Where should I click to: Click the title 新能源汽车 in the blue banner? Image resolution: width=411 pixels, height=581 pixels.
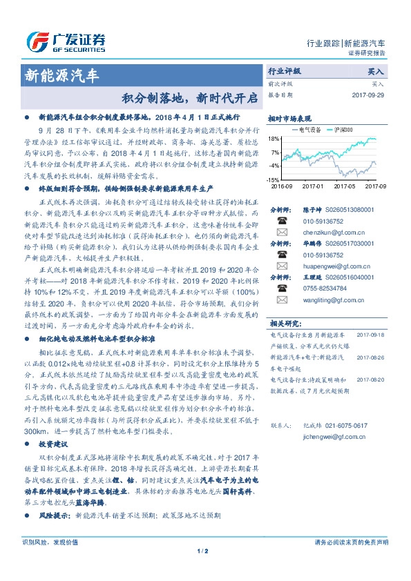61,74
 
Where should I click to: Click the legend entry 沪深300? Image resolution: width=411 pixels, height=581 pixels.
343,129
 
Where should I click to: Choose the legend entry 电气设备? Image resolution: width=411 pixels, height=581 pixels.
307,129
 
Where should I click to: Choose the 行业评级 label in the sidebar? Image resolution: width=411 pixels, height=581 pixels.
284,71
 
